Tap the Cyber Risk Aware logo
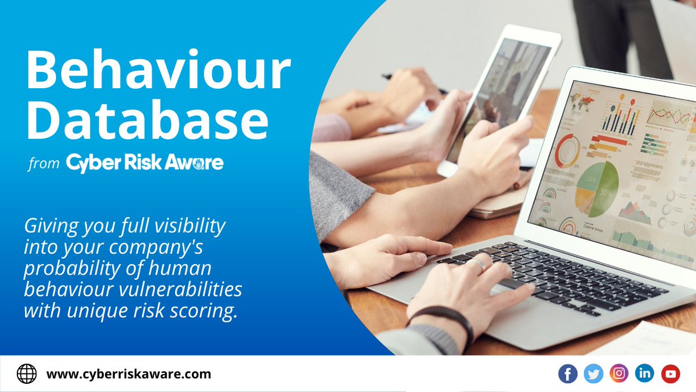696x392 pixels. [144, 163]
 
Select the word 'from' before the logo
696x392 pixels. [43, 164]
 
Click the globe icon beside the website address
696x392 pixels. [27, 374]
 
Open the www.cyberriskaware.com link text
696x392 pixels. [128, 374]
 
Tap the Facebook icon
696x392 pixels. [568, 374]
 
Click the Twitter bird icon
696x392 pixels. [593, 374]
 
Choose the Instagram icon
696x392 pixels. [619, 374]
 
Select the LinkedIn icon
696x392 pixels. [644, 374]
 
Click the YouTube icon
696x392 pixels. [670, 374]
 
